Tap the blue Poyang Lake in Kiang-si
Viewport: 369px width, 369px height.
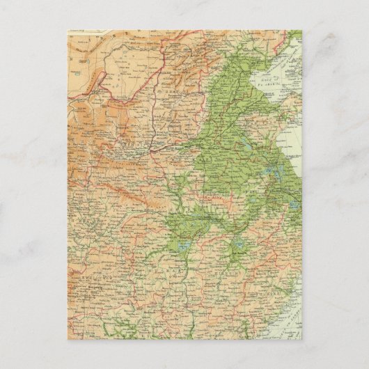(x=237, y=246)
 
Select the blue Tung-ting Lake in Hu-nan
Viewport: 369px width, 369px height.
(x=183, y=247)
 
